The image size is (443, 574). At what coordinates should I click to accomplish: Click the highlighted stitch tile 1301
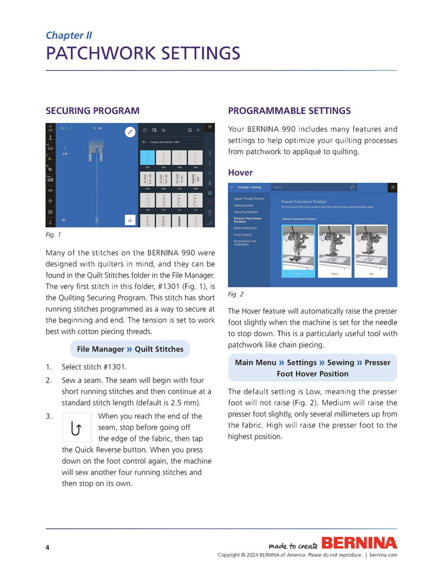tap(147, 158)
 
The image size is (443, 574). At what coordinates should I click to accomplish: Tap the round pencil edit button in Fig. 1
tap(130, 132)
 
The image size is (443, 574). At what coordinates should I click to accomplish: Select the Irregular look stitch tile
tap(195, 179)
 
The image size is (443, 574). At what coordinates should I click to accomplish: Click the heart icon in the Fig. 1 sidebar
tap(210, 203)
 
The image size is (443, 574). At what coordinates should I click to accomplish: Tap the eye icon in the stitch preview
tap(64, 220)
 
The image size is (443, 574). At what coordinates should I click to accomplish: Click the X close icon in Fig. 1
tap(198, 130)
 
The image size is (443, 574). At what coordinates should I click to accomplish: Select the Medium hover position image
tap(334, 251)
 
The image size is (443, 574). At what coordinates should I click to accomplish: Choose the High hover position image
tap(371, 251)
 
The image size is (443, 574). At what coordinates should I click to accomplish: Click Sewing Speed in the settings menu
tap(244, 205)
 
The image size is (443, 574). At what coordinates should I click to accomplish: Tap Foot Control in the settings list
tap(242, 235)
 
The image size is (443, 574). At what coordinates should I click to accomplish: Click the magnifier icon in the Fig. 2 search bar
tap(353, 187)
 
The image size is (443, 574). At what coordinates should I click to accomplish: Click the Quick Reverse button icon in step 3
tap(77, 427)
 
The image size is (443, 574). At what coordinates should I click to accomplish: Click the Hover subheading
tap(240, 173)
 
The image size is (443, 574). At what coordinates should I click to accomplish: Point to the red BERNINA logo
tap(359, 543)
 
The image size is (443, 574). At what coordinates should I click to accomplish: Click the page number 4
tap(48, 547)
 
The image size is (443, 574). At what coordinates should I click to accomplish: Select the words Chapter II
tap(69, 35)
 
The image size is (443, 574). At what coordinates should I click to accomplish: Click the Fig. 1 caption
tap(53, 235)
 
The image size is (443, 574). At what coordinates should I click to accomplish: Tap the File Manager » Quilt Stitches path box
tap(130, 349)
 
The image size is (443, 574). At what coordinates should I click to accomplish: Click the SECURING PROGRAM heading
tap(93, 111)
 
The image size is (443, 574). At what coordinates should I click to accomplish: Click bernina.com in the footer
tap(383, 555)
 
